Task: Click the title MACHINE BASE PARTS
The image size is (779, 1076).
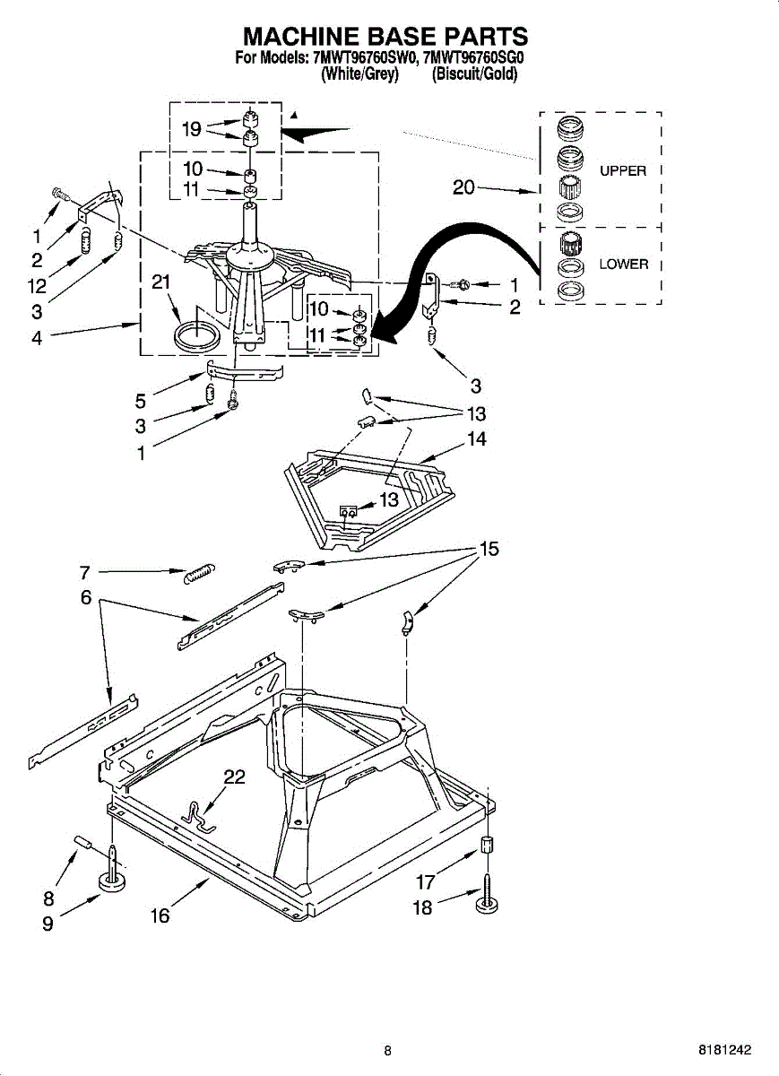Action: [385, 37]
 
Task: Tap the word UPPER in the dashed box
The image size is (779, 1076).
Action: [623, 170]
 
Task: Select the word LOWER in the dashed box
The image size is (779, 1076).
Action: [623, 265]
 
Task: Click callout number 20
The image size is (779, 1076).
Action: [463, 187]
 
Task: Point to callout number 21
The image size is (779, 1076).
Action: [161, 283]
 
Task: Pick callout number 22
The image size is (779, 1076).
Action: [234, 777]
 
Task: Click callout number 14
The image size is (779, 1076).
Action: [476, 439]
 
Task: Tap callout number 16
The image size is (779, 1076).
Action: [160, 915]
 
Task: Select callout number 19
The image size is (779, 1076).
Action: [191, 129]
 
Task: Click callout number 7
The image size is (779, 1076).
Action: [85, 571]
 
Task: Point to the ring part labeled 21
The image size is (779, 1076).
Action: [196, 338]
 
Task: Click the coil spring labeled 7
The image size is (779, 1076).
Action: [201, 574]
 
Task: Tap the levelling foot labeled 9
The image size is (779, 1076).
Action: [111, 882]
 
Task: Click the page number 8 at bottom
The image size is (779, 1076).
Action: [387, 1051]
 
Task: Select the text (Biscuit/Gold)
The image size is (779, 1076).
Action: [474, 75]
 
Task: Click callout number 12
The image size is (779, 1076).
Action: [37, 288]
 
